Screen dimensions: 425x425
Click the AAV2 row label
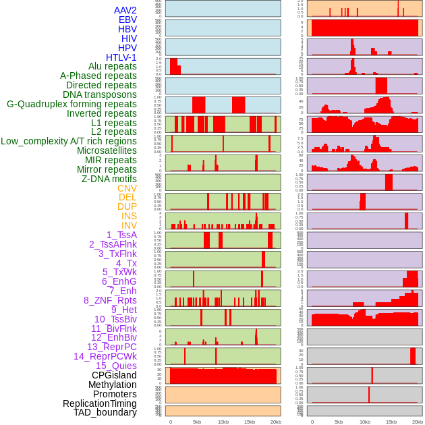[125, 10]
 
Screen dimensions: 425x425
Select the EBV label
[128, 20]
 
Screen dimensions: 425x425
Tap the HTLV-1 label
[121, 57]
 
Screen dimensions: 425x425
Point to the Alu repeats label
[112, 66]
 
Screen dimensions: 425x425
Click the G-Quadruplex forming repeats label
[72, 104]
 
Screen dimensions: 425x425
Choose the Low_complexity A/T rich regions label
[69, 141]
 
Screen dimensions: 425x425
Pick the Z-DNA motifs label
[109, 179]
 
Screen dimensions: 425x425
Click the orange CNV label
[127, 188]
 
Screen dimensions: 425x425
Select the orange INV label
[129, 225]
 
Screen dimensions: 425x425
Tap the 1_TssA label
[121, 235]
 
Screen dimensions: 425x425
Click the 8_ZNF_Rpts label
[110, 300]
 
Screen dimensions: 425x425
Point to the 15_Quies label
[116, 366]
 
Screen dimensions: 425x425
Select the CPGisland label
[114, 375]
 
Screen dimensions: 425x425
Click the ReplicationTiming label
[99, 403]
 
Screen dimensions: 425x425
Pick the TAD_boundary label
[105, 412]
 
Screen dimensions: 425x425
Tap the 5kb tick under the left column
[197, 422]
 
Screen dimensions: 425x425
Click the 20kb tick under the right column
[418, 422]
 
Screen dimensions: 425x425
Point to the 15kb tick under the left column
[250, 422]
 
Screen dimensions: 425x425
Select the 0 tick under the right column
[312, 422]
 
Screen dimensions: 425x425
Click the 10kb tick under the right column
[365, 422]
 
